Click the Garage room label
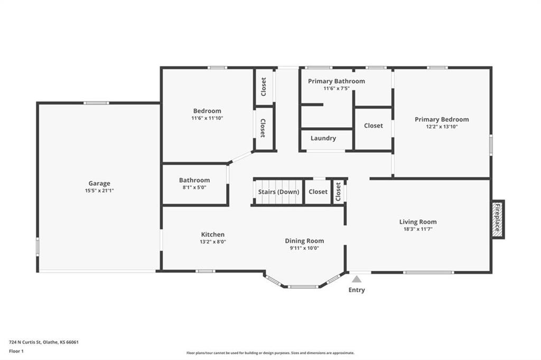tap(99, 184)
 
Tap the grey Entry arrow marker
tap(357, 279)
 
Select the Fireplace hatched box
tap(497, 219)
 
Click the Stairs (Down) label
tap(279, 192)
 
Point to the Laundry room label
tap(323, 138)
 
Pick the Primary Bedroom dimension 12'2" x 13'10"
tap(442, 127)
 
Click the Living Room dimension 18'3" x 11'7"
tap(418, 229)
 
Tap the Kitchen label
tap(213, 234)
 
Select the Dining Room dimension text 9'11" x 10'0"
tap(304, 248)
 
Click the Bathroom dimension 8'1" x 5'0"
tap(194, 187)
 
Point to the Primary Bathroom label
tap(337, 81)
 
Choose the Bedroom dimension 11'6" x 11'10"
tap(207, 118)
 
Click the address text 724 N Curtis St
tap(25, 343)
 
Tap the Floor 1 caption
tap(16, 352)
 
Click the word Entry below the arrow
tap(357, 290)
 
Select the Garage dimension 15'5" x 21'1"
tap(99, 191)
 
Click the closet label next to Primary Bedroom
tap(374, 126)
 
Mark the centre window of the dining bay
tap(303, 287)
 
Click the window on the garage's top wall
tap(96, 103)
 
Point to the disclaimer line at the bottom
tap(270, 353)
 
